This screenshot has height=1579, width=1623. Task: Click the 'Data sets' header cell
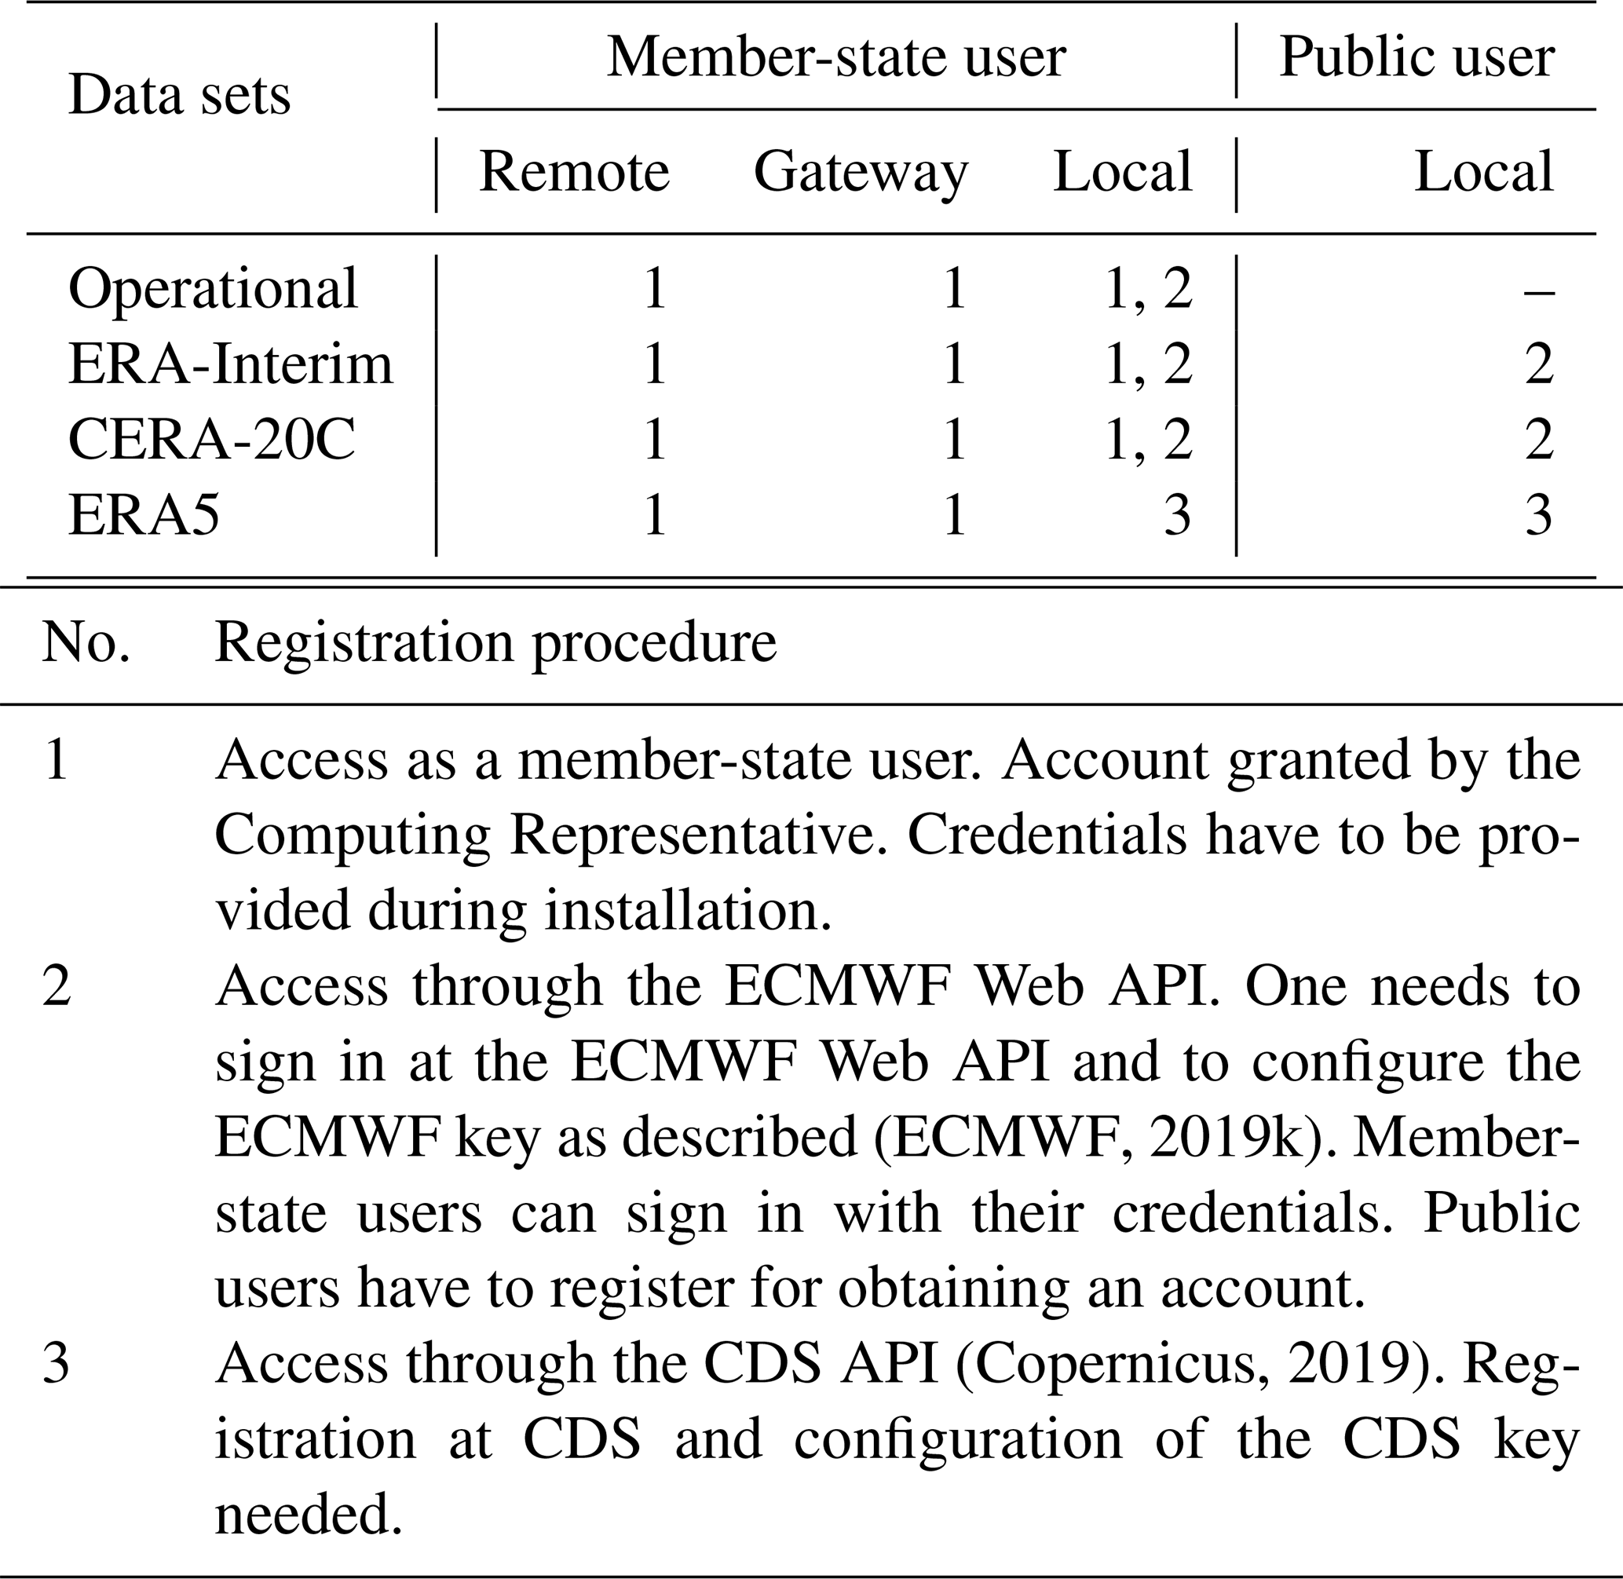click(x=179, y=95)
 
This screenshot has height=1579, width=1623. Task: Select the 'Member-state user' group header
click(x=836, y=58)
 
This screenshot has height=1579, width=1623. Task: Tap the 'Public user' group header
click(x=1416, y=58)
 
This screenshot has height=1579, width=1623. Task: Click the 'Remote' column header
click(x=574, y=172)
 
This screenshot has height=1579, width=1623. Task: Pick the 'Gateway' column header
click(x=861, y=172)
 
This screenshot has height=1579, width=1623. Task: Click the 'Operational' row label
click(x=212, y=290)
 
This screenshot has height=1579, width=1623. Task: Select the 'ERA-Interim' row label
click(x=230, y=365)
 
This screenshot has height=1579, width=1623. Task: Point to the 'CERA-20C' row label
click(x=211, y=440)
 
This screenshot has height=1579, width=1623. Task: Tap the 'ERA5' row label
click(x=144, y=515)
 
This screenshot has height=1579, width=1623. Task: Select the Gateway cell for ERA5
click(x=955, y=515)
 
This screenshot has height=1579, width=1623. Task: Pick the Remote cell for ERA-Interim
click(x=654, y=365)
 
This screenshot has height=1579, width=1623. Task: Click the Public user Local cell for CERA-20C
click(x=1538, y=440)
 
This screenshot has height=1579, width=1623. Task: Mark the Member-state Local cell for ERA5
click(x=1177, y=515)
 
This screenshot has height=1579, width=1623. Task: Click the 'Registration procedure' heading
click(x=495, y=643)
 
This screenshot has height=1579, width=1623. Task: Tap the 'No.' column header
click(x=86, y=643)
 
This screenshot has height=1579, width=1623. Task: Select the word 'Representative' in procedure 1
click(x=693, y=836)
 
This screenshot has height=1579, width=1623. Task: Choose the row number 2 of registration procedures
click(x=57, y=987)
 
